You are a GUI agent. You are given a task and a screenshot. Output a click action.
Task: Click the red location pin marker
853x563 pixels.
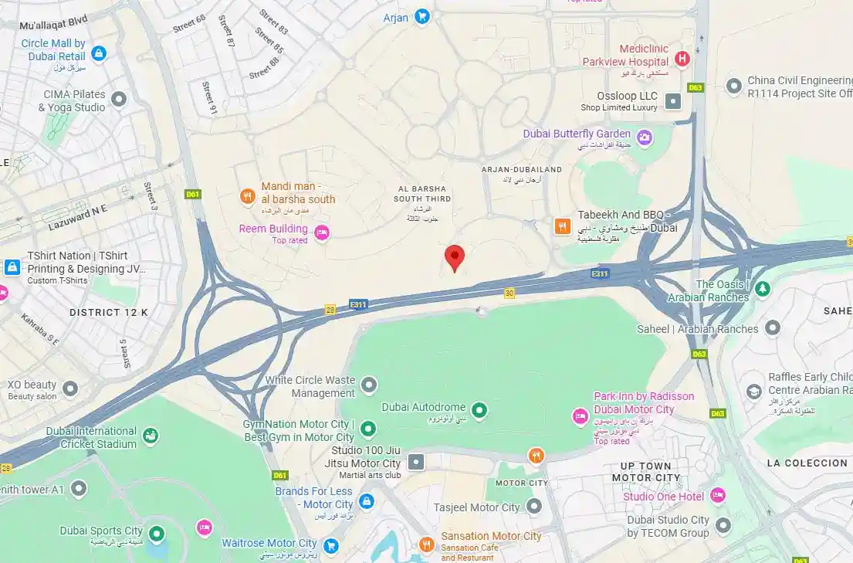455,256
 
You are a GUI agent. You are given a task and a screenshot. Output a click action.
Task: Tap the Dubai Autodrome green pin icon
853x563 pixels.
479,408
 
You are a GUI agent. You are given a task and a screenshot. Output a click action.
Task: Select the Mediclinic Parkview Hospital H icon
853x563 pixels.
682,59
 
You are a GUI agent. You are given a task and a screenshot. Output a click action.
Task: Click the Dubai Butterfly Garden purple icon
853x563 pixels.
644,138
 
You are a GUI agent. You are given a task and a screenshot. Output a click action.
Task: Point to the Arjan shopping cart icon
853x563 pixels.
421,16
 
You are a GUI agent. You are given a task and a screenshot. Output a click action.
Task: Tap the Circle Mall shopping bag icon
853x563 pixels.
98,53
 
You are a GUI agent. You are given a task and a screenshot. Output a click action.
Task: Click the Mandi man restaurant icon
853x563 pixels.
248,196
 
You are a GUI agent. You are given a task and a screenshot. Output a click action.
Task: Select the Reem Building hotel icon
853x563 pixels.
322,232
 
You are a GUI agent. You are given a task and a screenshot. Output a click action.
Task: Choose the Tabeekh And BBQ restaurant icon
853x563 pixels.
563,226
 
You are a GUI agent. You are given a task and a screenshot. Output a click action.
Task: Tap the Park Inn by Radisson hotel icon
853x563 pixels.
580,417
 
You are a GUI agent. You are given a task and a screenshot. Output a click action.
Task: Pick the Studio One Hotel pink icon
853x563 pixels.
718,496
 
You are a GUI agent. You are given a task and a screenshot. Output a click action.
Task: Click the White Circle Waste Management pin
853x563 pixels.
369,385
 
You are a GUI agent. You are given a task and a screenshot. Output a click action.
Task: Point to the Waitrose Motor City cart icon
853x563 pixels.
331,546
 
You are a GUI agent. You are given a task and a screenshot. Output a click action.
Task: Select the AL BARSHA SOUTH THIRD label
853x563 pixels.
422,194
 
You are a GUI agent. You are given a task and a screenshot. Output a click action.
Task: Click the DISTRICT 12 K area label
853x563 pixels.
108,312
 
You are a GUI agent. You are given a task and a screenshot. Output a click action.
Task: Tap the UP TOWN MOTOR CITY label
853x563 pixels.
647,472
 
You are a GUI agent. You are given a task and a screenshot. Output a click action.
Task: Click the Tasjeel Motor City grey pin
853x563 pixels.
534,507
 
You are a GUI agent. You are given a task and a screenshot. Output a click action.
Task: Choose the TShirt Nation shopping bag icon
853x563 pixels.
12,267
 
